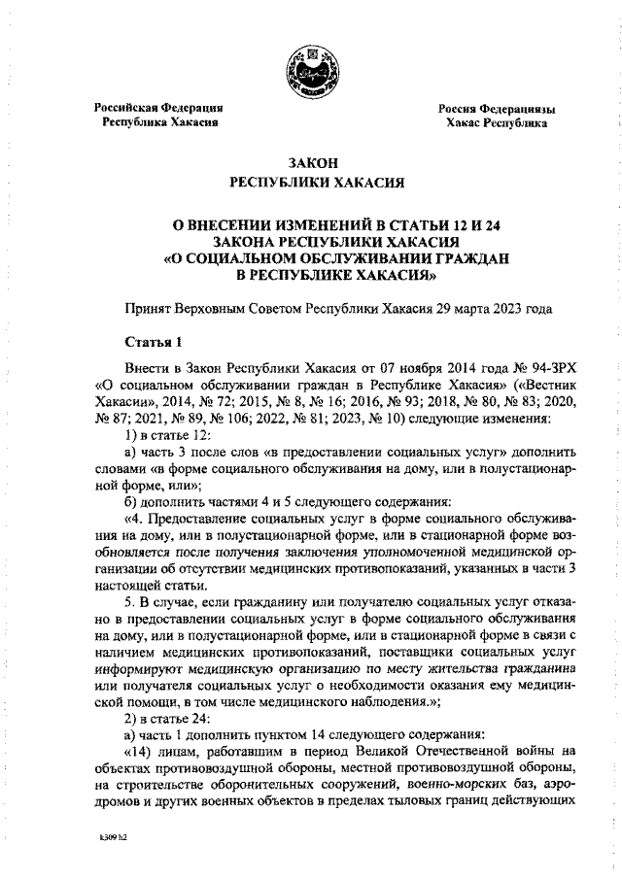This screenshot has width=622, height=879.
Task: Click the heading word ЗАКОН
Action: (x=312, y=164)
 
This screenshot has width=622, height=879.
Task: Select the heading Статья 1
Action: (x=154, y=342)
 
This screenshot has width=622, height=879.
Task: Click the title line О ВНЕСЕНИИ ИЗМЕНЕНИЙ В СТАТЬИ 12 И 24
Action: (x=312, y=226)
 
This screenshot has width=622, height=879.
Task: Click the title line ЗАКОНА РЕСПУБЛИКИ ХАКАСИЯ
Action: (x=312, y=243)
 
